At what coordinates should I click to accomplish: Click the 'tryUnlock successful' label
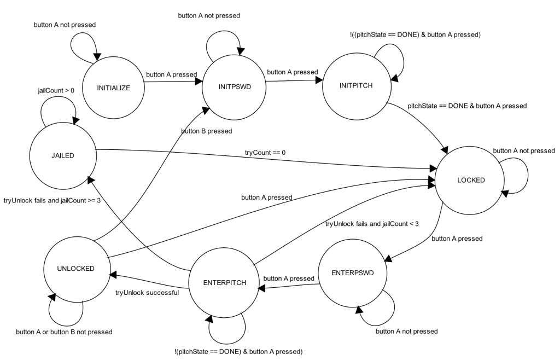pos(147,293)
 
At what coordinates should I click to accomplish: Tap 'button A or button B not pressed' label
pos(64,332)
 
